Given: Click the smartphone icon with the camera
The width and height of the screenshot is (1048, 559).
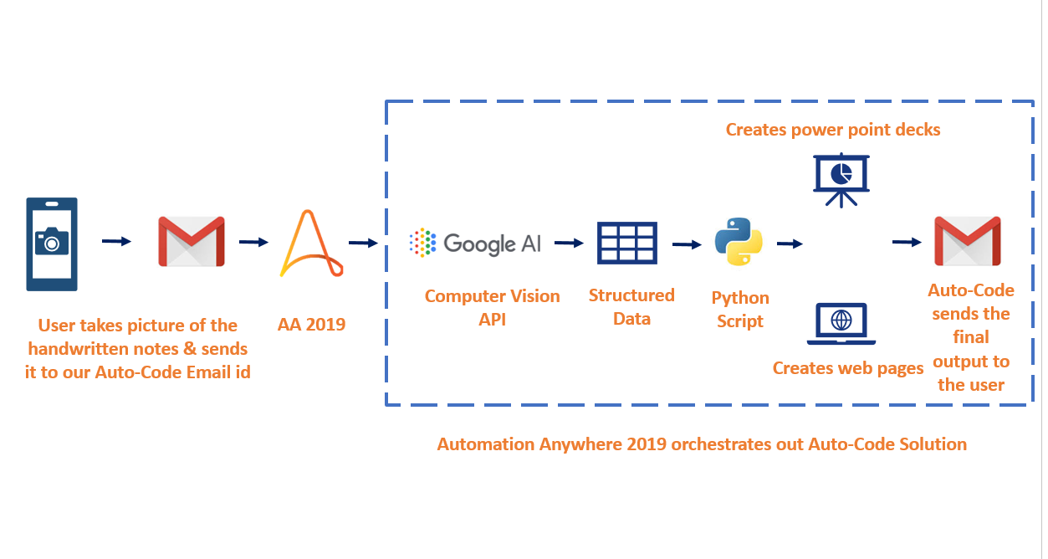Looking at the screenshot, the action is coord(52,244).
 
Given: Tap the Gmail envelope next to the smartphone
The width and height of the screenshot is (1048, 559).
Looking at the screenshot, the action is coord(192,241).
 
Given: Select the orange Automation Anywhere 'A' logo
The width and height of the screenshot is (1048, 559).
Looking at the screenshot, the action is coord(312,243).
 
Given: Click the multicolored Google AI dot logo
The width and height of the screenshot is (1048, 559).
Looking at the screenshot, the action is coord(422,243).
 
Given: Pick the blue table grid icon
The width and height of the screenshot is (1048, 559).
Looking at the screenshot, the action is coord(627,243).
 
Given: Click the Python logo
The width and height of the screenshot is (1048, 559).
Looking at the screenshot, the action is coord(739,242).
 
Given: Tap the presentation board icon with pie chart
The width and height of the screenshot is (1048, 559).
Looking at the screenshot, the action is coord(841,180).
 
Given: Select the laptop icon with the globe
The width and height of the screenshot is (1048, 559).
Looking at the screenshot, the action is coord(841,324).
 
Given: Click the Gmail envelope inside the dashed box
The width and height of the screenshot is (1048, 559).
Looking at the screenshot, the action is coord(968,241).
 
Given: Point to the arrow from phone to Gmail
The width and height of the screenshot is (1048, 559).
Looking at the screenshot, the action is coord(116,241).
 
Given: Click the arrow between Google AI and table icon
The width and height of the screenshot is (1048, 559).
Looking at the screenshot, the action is coord(569,243).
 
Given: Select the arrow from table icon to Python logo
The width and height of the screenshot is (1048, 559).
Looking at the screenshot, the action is coord(687,244).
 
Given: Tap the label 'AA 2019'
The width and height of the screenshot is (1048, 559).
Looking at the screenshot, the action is coord(312,325).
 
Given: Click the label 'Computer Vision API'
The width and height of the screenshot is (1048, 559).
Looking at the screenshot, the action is coord(492,308).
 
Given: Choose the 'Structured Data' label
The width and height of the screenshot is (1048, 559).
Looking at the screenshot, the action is coord(631,307).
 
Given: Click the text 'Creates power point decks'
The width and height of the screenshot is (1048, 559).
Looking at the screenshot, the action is coord(833,130).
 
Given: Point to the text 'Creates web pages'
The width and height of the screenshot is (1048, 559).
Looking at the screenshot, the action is coord(848,368).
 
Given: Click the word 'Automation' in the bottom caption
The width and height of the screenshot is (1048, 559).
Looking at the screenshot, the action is coord(486,444).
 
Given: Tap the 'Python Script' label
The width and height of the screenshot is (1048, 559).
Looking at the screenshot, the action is coord(740,310).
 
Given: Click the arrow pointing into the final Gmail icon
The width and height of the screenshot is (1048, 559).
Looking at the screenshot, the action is coord(907,242).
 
